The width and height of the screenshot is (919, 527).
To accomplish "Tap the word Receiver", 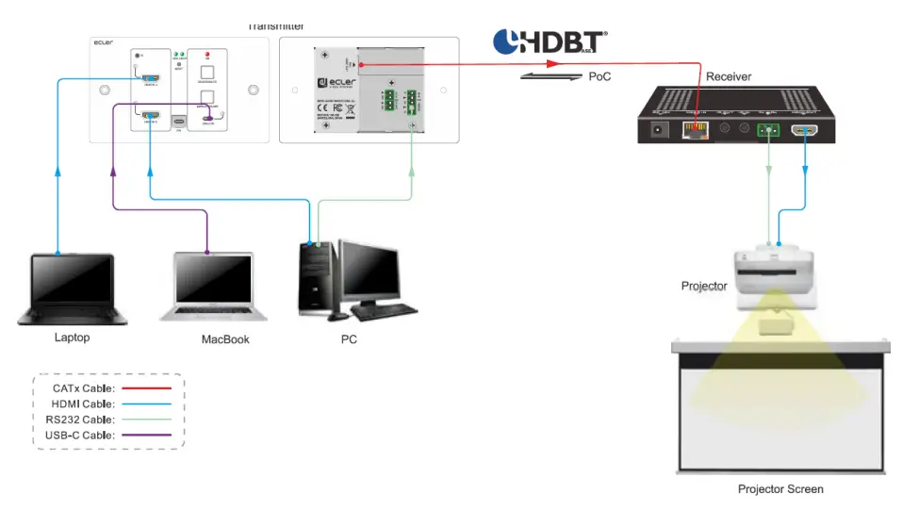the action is tap(729, 76).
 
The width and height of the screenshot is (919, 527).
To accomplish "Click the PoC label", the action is tap(599, 75).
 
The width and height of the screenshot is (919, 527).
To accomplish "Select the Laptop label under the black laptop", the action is tap(72, 337).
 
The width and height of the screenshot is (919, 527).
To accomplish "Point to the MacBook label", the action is tap(225, 339).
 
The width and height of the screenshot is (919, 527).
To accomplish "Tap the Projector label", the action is tap(704, 286).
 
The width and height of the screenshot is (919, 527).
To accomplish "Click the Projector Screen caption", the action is tap(780, 489).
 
